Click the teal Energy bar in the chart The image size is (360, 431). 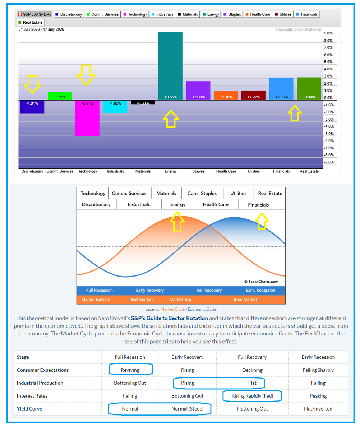click(x=170, y=66)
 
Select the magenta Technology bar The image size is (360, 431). click(x=87, y=118)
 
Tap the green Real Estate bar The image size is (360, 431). click(x=309, y=89)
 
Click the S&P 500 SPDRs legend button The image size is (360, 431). click(x=34, y=14)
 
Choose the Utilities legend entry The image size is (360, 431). click(x=283, y=14)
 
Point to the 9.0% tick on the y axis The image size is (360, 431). click(x=328, y=33)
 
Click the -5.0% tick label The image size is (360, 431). click(x=328, y=134)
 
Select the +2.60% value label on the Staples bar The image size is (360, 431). click(x=198, y=97)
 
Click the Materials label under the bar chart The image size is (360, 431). click(x=143, y=171)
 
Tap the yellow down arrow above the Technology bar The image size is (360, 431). click(x=86, y=75)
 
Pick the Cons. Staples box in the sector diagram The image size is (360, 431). click(x=202, y=193)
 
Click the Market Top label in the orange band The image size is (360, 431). click(x=180, y=299)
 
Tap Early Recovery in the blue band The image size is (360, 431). click(x=150, y=290)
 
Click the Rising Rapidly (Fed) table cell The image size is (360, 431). click(x=252, y=396)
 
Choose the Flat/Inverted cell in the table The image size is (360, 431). click(x=318, y=409)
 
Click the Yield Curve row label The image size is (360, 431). click(x=29, y=409)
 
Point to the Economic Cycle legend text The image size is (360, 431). click(x=202, y=309)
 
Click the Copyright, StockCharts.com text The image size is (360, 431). click(x=299, y=29)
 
